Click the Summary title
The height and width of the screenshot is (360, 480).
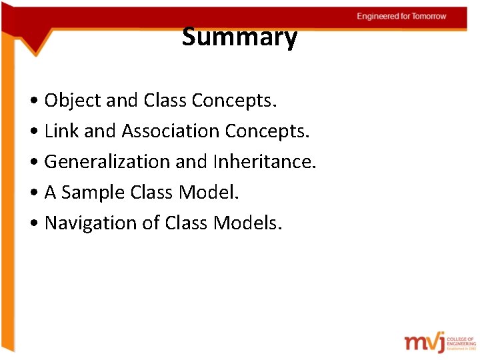pyautogui.click(x=239, y=37)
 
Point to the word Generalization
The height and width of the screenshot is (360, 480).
pyautogui.click(x=107, y=162)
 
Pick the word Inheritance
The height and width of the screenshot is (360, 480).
pyautogui.click(x=264, y=162)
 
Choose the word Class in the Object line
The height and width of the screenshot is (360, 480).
pyautogui.click(x=165, y=101)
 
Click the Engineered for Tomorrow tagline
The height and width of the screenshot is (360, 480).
pyautogui.click(x=401, y=16)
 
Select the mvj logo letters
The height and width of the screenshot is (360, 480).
pyautogui.click(x=424, y=341)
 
